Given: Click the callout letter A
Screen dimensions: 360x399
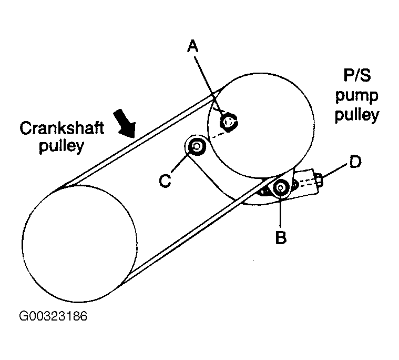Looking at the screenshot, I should tap(193, 47).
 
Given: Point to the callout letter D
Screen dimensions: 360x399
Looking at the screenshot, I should tap(355, 162).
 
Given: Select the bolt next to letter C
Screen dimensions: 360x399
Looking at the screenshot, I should tap(197, 147).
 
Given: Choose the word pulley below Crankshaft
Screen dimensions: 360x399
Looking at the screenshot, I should tap(60, 146).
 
